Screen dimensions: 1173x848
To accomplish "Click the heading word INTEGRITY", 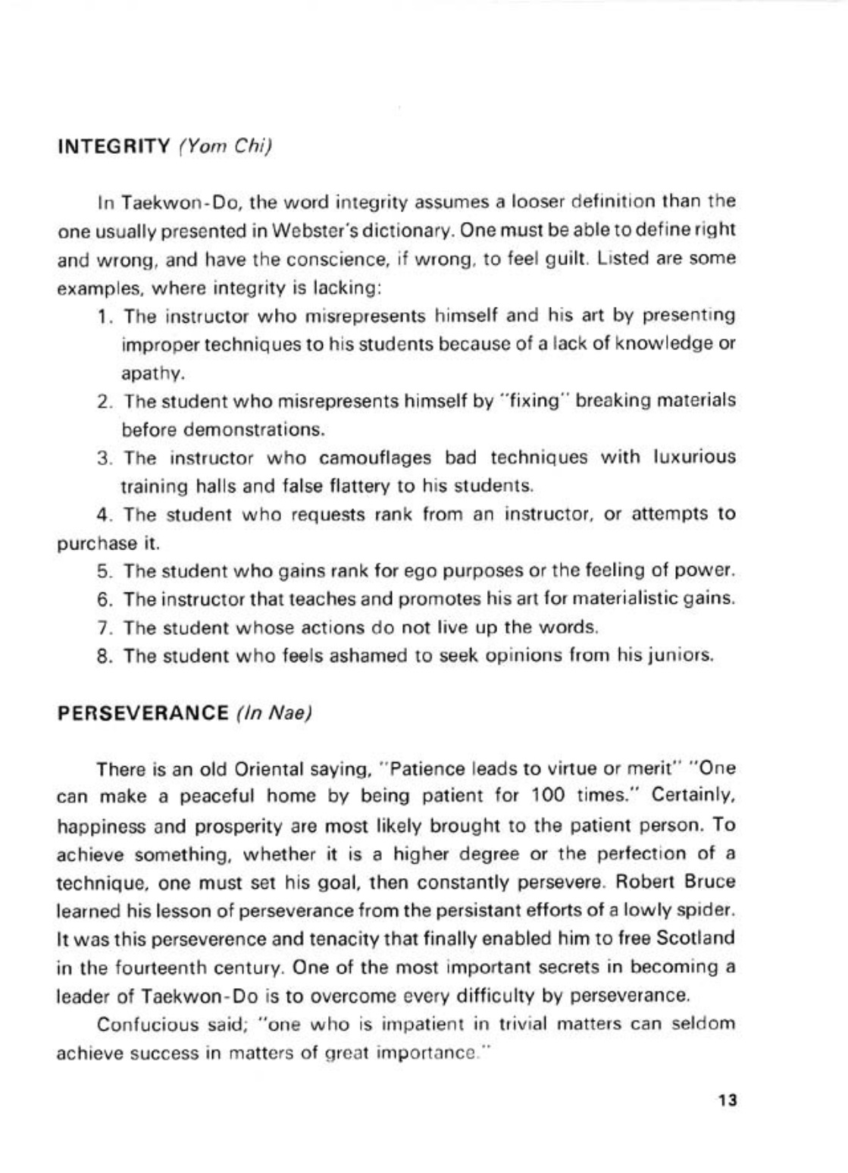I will [113, 146].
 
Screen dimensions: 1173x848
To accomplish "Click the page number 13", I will [728, 1100].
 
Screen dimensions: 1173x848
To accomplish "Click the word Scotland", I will [696, 938].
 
